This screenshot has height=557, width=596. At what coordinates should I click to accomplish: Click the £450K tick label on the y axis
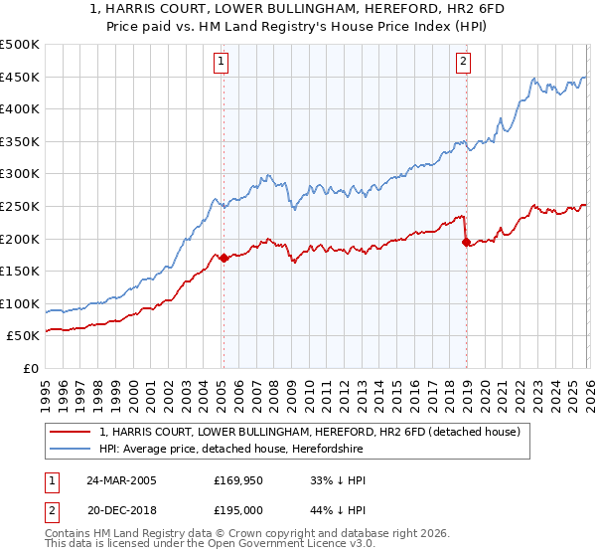[x=20, y=77]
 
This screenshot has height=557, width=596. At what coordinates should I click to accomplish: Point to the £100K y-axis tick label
[x=20, y=303]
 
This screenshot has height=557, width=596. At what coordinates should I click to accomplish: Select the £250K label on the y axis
[x=20, y=206]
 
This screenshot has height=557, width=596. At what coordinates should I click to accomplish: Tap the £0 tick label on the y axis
[x=30, y=368]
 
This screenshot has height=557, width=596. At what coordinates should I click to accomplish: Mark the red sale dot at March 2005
[x=223, y=259]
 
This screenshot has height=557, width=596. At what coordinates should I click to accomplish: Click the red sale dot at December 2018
[x=466, y=242]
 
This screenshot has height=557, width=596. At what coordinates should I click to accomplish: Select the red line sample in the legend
[x=71, y=433]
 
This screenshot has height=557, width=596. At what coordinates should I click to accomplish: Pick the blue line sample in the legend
[x=71, y=450]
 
